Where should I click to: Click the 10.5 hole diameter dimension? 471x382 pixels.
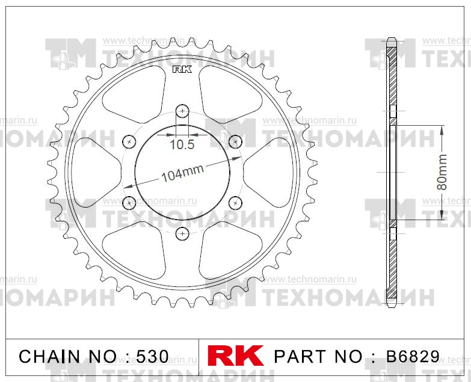(182, 144)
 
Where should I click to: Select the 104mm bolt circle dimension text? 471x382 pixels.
(183, 173)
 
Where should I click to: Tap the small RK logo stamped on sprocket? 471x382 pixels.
(182, 70)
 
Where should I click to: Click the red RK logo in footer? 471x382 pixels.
(236, 356)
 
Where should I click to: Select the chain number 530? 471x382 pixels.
(153, 357)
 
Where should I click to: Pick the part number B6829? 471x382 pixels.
(413, 357)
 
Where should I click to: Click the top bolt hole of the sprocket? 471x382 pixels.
(182, 111)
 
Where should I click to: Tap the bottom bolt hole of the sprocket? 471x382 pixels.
(182, 233)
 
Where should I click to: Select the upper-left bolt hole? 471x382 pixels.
(129, 142)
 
